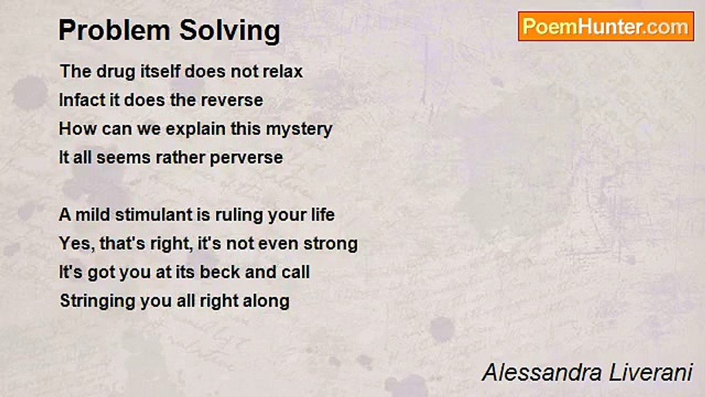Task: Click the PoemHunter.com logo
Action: pos(606,26)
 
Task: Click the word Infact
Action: pos(79,100)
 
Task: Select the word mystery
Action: pos(299,129)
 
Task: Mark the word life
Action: pos(321,214)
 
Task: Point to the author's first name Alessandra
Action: pos(543,373)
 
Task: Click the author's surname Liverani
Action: pos(651,373)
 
